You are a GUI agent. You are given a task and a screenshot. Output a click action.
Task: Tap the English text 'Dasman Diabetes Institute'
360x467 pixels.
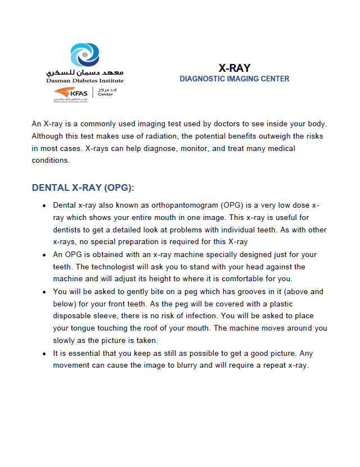pos(84,81)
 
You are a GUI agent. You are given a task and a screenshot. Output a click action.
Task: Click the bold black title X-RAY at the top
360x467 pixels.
pos(234,68)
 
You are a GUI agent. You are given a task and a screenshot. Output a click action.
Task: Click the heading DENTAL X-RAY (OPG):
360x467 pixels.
pos(83,187)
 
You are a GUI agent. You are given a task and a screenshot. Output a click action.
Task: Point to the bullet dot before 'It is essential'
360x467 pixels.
pos(44,354)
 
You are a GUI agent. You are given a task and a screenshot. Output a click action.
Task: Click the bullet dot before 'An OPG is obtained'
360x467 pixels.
pos(44,255)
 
